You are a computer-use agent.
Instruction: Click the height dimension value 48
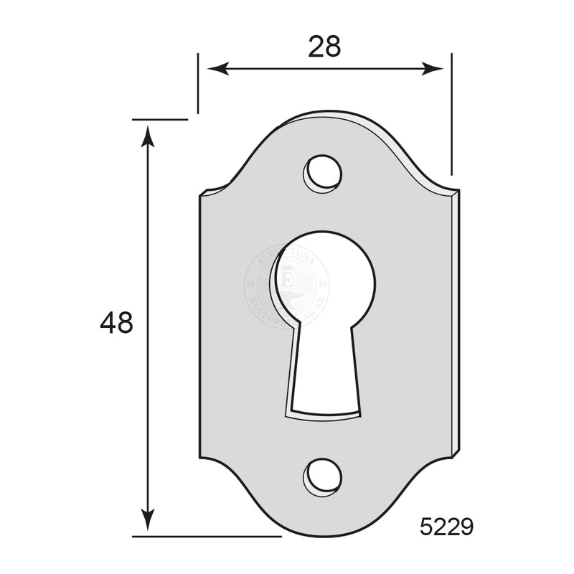click(x=116, y=324)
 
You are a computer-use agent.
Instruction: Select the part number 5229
click(x=446, y=527)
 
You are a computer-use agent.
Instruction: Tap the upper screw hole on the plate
click(x=321, y=173)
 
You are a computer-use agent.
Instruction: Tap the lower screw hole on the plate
click(x=321, y=476)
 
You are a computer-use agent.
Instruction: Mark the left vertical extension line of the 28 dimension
click(x=198, y=83)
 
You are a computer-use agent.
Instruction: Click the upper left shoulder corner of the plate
click(x=206, y=192)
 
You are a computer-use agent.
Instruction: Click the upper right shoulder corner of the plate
click(x=456, y=192)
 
